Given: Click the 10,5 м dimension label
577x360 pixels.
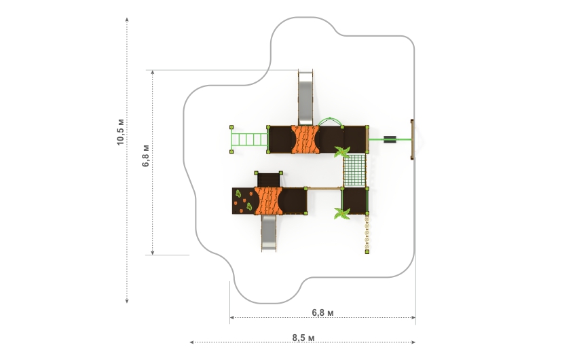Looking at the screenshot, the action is (121, 132).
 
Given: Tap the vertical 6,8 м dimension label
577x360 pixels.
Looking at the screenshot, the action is (146, 156).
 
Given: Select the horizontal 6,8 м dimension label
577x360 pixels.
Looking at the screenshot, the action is (322, 312).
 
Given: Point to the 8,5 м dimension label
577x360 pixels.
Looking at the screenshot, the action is (303, 338).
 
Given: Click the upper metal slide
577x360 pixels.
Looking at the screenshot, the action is (305, 98).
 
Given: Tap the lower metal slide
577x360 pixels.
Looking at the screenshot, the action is (269, 232).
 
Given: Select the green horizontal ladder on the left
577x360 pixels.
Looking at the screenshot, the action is (249, 139).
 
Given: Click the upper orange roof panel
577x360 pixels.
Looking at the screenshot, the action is (305, 139).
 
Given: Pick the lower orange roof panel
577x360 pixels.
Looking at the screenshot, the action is (268, 200).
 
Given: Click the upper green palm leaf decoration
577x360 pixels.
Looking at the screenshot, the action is (342, 151).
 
